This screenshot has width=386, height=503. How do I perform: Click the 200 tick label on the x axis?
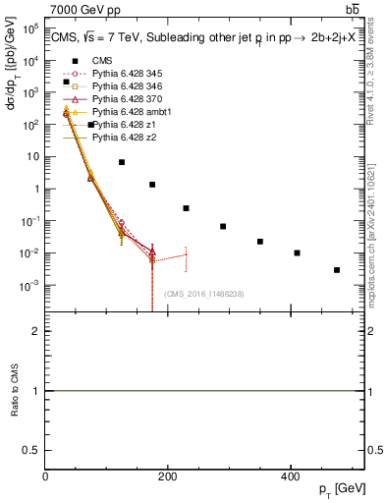point(168,475)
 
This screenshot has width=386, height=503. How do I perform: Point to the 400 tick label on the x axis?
point(290,475)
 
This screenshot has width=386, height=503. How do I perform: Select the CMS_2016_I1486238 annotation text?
point(205,294)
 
